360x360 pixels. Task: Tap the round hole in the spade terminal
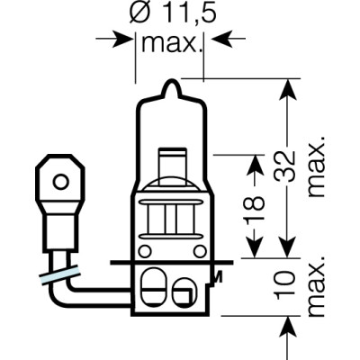pyautogui.click(x=59, y=180)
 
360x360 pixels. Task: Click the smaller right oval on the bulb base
pyautogui.click(x=185, y=292)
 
